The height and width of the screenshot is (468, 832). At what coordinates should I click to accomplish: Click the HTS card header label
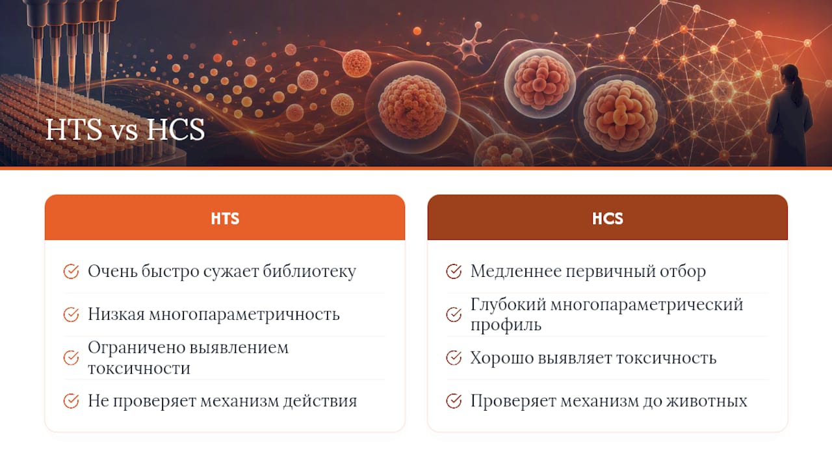[x=225, y=218]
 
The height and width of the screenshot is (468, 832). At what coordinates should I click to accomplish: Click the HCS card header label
[x=608, y=218]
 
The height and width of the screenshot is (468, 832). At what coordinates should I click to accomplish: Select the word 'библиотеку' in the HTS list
[x=309, y=271]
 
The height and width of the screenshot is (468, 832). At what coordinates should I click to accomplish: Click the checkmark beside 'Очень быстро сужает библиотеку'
[x=71, y=271]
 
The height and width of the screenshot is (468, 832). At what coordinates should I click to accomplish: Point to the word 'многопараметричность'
[x=244, y=315]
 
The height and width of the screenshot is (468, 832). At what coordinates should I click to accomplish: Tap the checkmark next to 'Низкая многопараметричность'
[x=71, y=315]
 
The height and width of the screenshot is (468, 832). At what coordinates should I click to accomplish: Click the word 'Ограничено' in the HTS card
[x=136, y=348]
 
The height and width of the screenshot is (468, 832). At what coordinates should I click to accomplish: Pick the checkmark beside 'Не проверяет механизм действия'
[x=71, y=401]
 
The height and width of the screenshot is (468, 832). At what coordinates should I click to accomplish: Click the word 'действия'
[x=320, y=401]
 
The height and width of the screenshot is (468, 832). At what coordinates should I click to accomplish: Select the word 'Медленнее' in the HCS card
[x=516, y=271]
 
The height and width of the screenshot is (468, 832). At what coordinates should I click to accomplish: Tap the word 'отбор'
[x=682, y=271]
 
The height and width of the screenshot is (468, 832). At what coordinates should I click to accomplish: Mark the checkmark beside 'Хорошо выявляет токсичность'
[x=454, y=357]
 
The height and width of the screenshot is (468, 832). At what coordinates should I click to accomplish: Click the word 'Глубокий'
[x=508, y=305]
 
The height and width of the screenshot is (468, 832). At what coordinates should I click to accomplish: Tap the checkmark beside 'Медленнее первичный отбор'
[x=454, y=271]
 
